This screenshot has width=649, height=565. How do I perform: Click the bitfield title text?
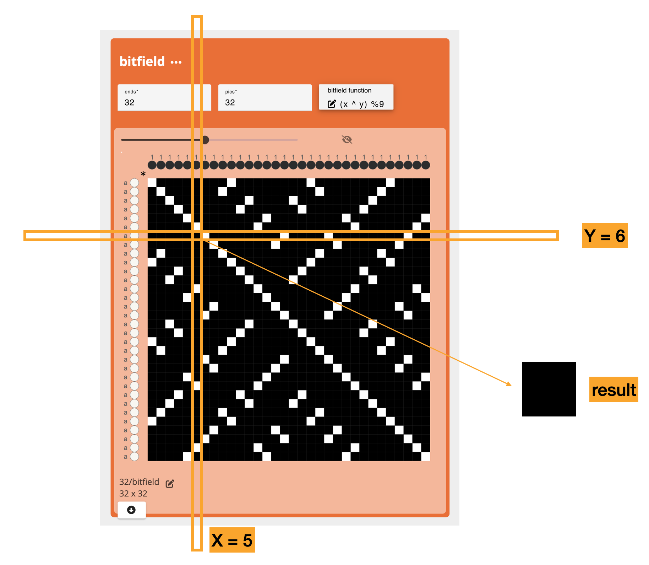tap(142, 61)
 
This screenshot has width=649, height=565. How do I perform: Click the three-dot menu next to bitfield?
tap(176, 62)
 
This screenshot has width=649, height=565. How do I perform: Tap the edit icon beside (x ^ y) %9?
tap(332, 104)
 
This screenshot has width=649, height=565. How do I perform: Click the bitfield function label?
tap(349, 90)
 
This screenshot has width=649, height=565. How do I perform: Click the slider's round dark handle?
tap(205, 140)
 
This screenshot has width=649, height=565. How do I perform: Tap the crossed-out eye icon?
tap(347, 140)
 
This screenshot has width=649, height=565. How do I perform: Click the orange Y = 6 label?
tap(605, 236)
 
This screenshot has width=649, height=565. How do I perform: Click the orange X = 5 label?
tap(232, 540)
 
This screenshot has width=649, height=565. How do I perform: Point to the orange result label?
tap(613, 389)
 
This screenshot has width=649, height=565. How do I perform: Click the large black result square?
tap(549, 389)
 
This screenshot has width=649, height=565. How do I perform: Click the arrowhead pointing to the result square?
tap(509, 384)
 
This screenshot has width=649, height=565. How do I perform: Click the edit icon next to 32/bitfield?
tap(170, 483)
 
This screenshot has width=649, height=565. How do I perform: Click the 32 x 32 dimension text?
tap(133, 494)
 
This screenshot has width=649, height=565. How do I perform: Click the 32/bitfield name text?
tap(139, 482)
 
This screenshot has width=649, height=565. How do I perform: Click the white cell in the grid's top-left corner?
tap(152, 183)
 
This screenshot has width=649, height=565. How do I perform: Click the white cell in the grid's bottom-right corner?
tap(426, 457)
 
